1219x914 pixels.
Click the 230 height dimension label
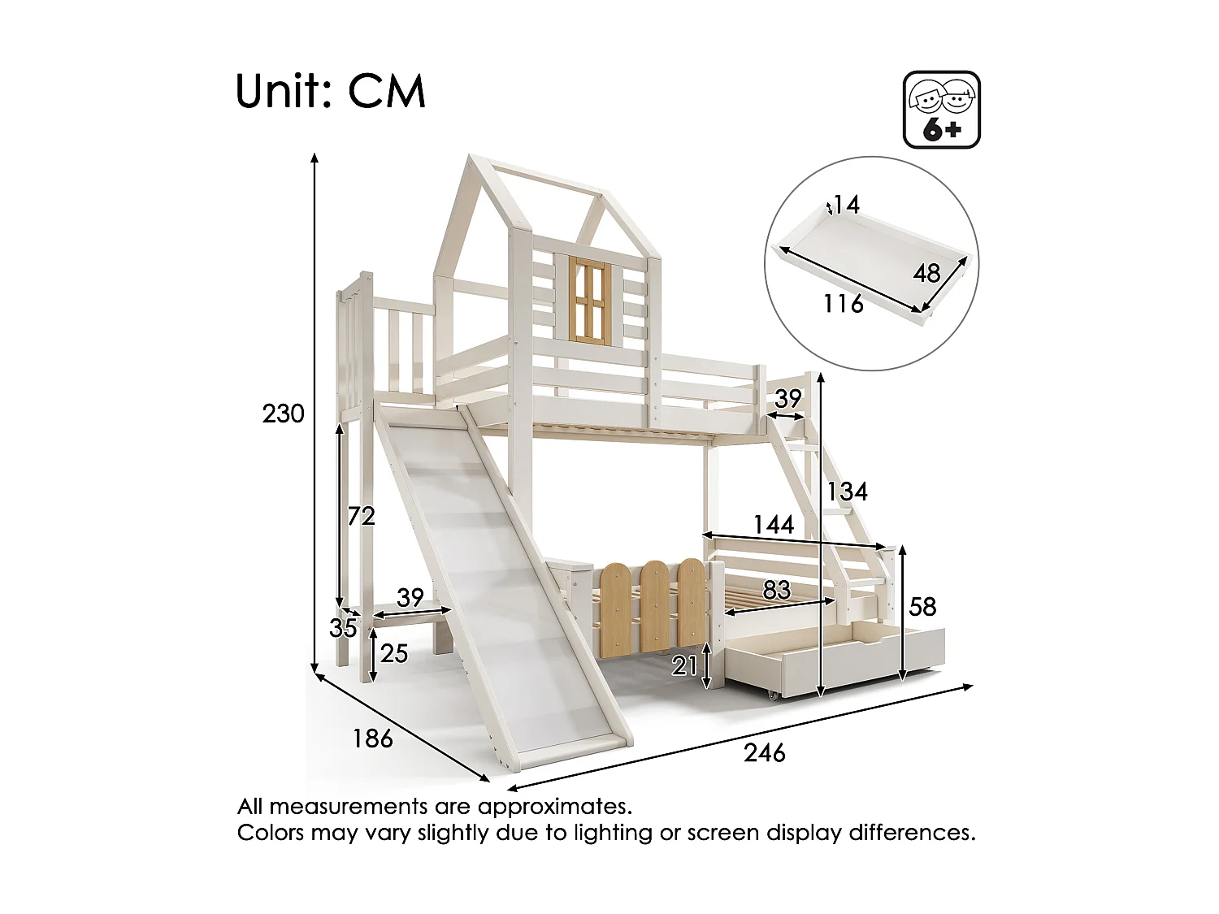click(x=283, y=414)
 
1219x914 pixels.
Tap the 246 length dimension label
click(x=765, y=754)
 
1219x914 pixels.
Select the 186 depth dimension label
click(x=373, y=739)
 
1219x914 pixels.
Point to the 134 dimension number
click(x=848, y=492)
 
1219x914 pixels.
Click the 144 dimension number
click(x=773, y=525)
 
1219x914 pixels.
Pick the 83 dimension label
click(x=777, y=590)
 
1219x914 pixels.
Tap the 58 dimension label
click(x=922, y=607)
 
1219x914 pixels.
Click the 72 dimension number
click(x=361, y=515)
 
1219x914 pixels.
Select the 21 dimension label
click(x=685, y=666)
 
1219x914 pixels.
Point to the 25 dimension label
click(x=393, y=652)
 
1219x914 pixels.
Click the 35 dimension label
click(x=344, y=627)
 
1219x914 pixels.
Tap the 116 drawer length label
click(x=843, y=304)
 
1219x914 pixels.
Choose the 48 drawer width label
click(x=926, y=273)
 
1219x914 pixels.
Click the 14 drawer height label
click(x=846, y=205)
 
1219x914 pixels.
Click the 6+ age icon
click(x=942, y=110)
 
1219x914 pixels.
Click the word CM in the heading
click(x=387, y=92)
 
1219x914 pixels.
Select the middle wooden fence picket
click(x=656, y=604)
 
